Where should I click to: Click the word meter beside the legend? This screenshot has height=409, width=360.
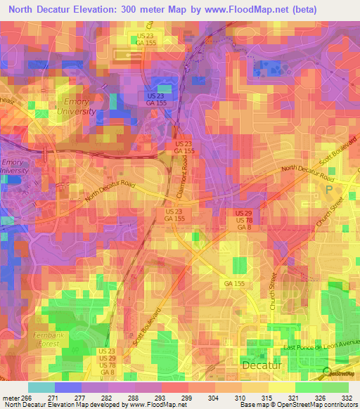tap(8, 397)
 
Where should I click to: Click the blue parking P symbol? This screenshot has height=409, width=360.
tap(327, 190)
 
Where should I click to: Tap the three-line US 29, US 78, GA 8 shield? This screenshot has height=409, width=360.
tap(243, 219)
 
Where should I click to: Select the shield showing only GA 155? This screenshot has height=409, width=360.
tap(233, 283)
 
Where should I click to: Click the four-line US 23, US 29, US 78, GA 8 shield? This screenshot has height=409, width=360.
tap(108, 361)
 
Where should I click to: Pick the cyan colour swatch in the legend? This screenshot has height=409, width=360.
tap(41, 387)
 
